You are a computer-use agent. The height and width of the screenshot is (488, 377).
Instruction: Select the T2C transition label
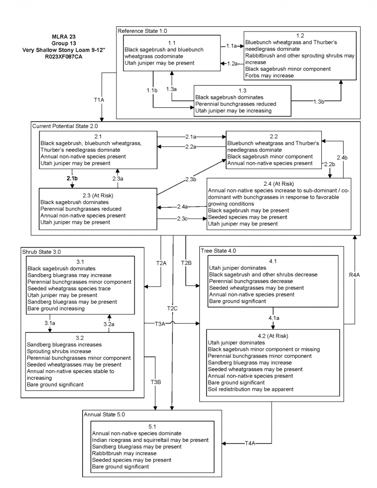(x=172, y=308)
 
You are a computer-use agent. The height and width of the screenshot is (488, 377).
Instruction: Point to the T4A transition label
(x=250, y=443)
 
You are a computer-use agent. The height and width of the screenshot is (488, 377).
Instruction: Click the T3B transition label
(x=156, y=381)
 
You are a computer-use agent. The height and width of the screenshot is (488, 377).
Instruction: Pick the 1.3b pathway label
(x=319, y=101)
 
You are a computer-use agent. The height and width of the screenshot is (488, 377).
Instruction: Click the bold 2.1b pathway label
(x=72, y=179)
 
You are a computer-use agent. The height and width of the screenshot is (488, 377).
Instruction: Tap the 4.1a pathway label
(x=273, y=318)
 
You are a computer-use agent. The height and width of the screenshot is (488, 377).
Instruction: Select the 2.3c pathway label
(x=182, y=218)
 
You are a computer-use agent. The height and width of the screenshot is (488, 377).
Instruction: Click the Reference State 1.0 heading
(x=142, y=31)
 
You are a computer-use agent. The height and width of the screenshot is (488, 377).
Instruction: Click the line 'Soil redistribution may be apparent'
(x=251, y=390)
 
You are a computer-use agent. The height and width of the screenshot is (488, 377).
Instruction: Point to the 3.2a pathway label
(x=109, y=324)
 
